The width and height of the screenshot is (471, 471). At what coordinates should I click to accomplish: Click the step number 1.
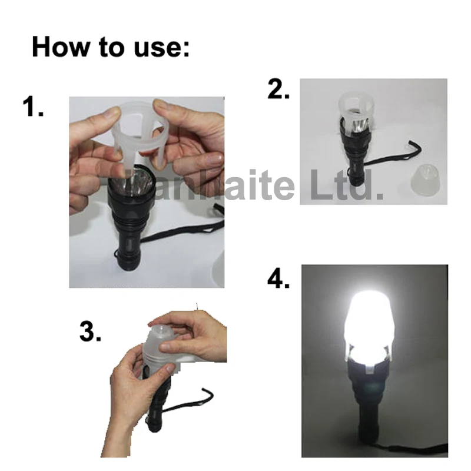click(33, 107)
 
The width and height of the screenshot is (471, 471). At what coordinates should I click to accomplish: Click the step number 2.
click(278, 90)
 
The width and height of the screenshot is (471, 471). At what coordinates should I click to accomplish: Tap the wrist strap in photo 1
click(177, 235)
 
